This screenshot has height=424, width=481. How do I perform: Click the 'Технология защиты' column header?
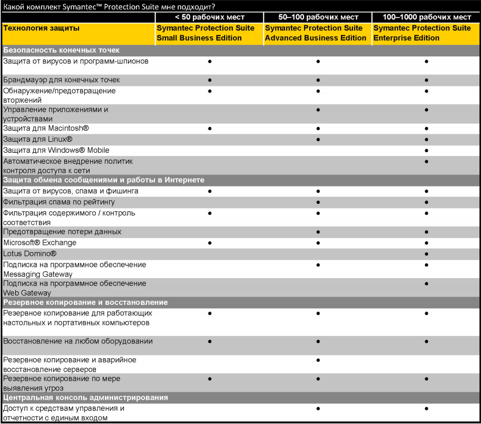pyautogui.click(x=42, y=28)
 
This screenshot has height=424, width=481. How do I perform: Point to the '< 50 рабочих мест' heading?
pyautogui.click(x=210, y=17)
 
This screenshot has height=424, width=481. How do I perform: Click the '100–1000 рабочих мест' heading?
pyautogui.click(x=426, y=17)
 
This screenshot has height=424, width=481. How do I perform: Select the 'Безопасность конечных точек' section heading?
pyautogui.click(x=62, y=50)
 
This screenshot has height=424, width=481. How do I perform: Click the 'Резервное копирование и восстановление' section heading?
pyautogui.click(x=85, y=302)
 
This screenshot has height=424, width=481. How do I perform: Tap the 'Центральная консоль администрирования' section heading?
pyautogui.click(x=85, y=398)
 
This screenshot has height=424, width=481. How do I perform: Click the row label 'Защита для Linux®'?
pyautogui.click(x=37, y=139)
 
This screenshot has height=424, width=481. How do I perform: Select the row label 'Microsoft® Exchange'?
pyautogui.click(x=40, y=243)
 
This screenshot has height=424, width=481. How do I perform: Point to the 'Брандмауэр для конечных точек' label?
pyautogui.click(x=62, y=80)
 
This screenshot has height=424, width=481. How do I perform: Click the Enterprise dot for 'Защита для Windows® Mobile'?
pyautogui.click(x=426, y=151)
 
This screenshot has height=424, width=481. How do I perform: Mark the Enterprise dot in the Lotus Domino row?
pyautogui.click(x=426, y=254)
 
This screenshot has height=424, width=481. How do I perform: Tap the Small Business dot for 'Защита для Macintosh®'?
pyautogui.click(x=210, y=129)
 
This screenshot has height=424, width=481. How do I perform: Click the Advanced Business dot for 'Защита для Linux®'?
pyautogui.click(x=318, y=140)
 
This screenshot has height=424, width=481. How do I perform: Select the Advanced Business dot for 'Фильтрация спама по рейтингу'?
pyautogui.click(x=318, y=202)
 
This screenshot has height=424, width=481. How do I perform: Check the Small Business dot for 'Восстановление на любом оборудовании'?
pyautogui.click(x=210, y=341)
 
